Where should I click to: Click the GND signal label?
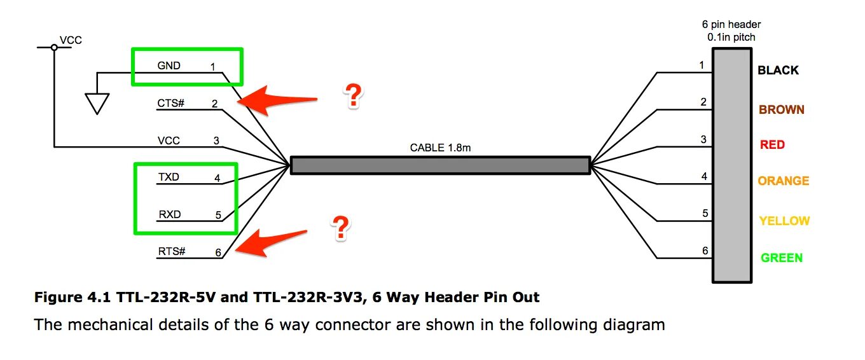coord(169,66)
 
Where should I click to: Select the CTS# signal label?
coord(170,103)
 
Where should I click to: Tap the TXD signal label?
coord(169,177)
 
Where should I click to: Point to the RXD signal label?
coord(169,214)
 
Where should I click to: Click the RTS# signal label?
coord(171,252)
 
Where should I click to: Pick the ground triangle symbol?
coord(97,104)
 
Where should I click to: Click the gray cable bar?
coord(440,165)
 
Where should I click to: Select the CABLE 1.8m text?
coord(440,148)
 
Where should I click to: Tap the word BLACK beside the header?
coord(778,71)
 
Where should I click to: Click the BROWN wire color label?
coord(781,109)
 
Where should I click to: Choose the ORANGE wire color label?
coord(783,181)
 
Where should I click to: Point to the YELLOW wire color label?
coord(784,221)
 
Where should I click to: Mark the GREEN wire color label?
coord(782,258)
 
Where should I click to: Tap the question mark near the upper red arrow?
coord(352,96)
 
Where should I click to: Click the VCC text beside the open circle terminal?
coord(71,41)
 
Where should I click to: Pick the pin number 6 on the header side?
coord(705,251)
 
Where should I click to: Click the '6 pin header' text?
coord(731,24)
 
